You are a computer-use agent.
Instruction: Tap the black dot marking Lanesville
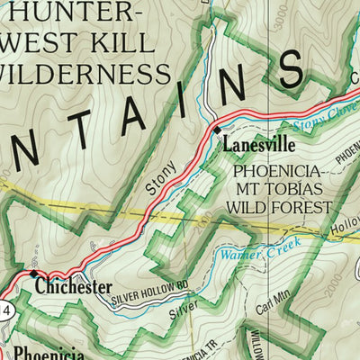(x=217, y=131)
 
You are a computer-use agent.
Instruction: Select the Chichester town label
(x=74, y=287)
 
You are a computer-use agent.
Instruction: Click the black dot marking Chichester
(x=33, y=274)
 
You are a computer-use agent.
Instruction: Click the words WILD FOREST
(x=280, y=208)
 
